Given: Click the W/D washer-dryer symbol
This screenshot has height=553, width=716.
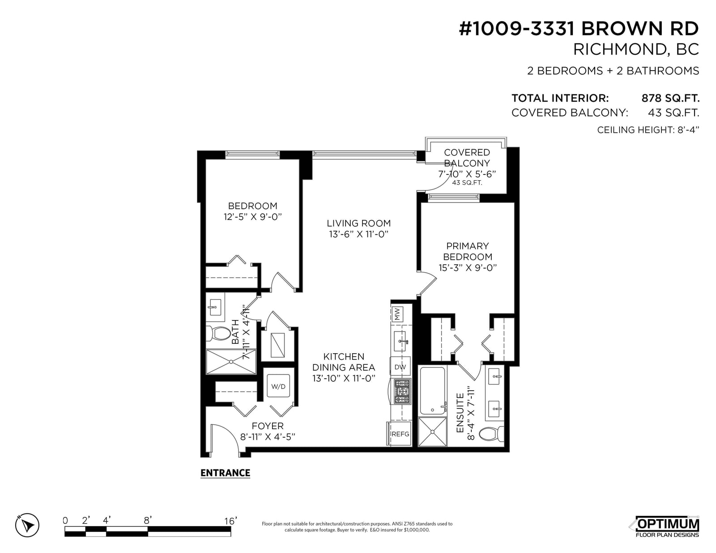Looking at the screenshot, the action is pyautogui.click(x=278, y=386).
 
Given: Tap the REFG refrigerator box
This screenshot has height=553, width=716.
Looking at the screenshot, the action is pyautogui.click(x=400, y=434).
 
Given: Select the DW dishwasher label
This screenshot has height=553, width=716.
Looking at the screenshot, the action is pyautogui.click(x=400, y=367).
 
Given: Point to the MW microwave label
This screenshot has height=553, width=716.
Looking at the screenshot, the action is pyautogui.click(x=397, y=314).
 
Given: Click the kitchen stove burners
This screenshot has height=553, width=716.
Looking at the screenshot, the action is pyautogui.click(x=402, y=391).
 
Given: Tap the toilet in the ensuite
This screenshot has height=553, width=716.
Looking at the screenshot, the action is pyautogui.click(x=491, y=434).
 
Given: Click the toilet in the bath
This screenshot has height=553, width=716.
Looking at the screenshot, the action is pyautogui.click(x=218, y=334).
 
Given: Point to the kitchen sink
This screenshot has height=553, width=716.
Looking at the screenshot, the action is pyautogui.click(x=400, y=341).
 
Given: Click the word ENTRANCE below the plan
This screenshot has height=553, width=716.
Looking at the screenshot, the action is pyautogui.click(x=226, y=473).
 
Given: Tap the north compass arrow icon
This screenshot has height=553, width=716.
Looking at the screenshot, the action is pyautogui.click(x=27, y=525).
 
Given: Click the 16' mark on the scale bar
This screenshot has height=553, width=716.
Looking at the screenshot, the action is pyautogui.click(x=230, y=521).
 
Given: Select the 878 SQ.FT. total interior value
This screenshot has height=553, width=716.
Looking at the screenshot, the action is pyautogui.click(x=670, y=98).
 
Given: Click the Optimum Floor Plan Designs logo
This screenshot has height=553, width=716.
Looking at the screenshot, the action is pyautogui.click(x=666, y=526).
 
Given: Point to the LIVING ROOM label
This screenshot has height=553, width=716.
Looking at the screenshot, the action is pyautogui.click(x=358, y=223).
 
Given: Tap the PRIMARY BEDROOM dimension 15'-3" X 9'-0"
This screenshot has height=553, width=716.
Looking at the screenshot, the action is pyautogui.click(x=467, y=268).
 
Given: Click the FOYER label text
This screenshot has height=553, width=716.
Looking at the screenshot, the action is pyautogui.click(x=268, y=426).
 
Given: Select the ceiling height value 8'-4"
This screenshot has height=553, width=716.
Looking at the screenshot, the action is pyautogui.click(x=688, y=130).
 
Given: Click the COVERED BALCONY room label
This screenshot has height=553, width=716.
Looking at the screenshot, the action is pyautogui.click(x=467, y=158).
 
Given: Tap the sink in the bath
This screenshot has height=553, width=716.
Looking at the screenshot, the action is pyautogui.click(x=215, y=308).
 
